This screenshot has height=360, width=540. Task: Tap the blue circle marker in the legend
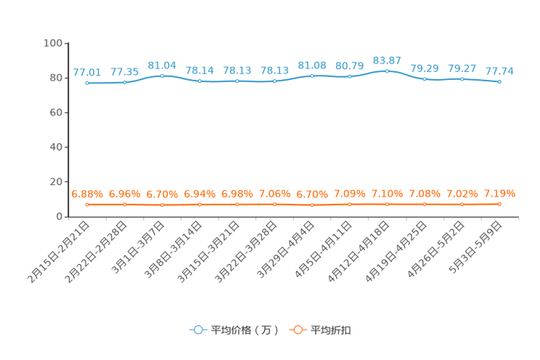point(197,330)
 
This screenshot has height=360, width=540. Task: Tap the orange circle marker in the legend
point(297,330)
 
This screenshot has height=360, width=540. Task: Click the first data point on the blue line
point(87,83)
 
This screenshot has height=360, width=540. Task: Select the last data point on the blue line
point(499,81)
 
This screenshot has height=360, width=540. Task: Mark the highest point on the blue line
point(387,70)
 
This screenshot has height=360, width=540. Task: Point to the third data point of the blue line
point(162,75)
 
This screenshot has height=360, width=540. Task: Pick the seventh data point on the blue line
point(312,75)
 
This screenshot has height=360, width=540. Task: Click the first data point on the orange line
point(87,205)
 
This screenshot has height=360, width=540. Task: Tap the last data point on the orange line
point(499,204)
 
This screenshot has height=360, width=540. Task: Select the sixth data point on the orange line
point(274,205)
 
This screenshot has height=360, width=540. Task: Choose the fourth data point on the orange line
point(200,205)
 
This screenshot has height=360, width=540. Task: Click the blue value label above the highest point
point(387,60)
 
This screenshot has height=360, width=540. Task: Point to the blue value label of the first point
point(87,73)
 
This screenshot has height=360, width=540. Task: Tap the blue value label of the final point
point(499,71)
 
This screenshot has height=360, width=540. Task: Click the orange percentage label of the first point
point(87,195)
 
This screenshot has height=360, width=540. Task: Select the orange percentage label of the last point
point(499,194)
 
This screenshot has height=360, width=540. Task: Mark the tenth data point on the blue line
point(425,78)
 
